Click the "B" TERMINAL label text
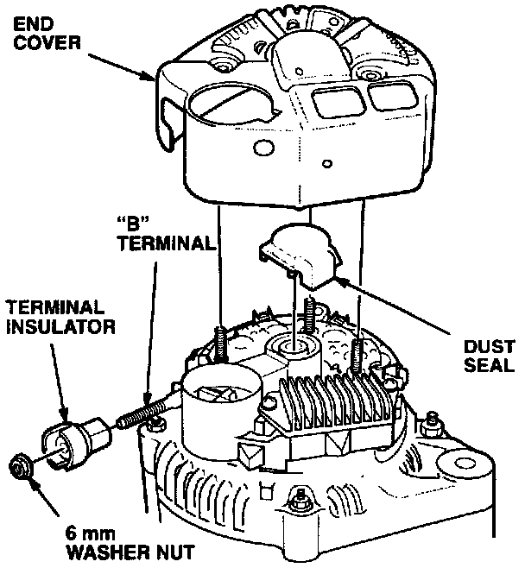(x=164, y=233)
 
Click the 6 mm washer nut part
(x=18, y=470)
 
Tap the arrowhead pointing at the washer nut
(x=33, y=480)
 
